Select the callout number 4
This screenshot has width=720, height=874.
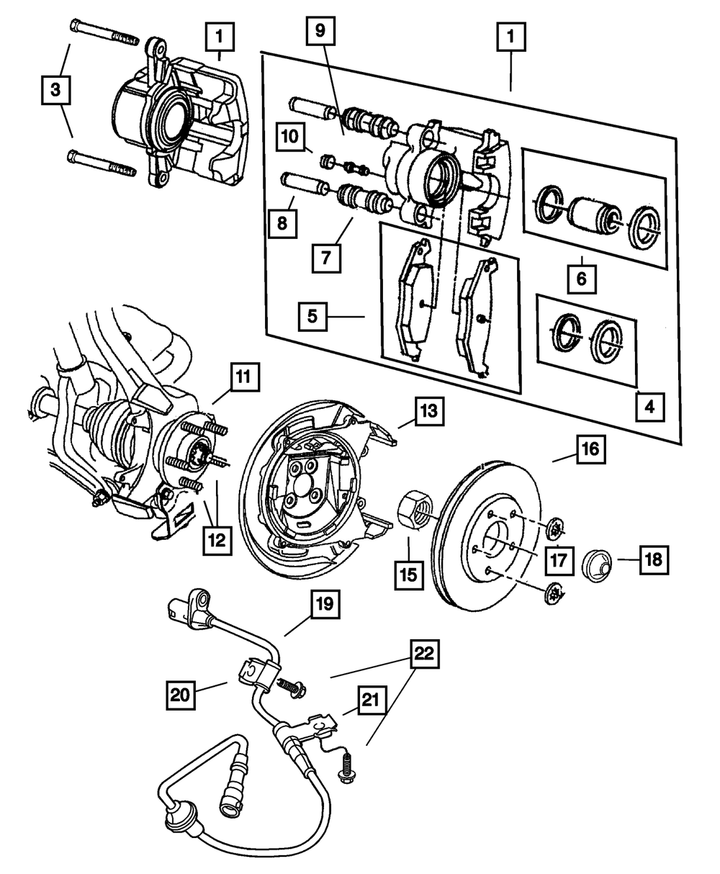coord(650,407)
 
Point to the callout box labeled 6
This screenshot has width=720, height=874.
coord(581,278)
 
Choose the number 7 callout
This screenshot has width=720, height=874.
coord(327,256)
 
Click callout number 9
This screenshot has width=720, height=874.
coord(320,32)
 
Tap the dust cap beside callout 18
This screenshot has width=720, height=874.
coord(595,563)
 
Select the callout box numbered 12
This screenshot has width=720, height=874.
coord(217,539)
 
